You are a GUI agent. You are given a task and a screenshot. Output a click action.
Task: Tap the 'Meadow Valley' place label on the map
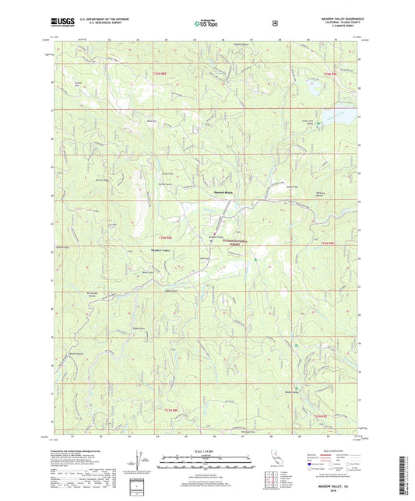click(160, 250)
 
